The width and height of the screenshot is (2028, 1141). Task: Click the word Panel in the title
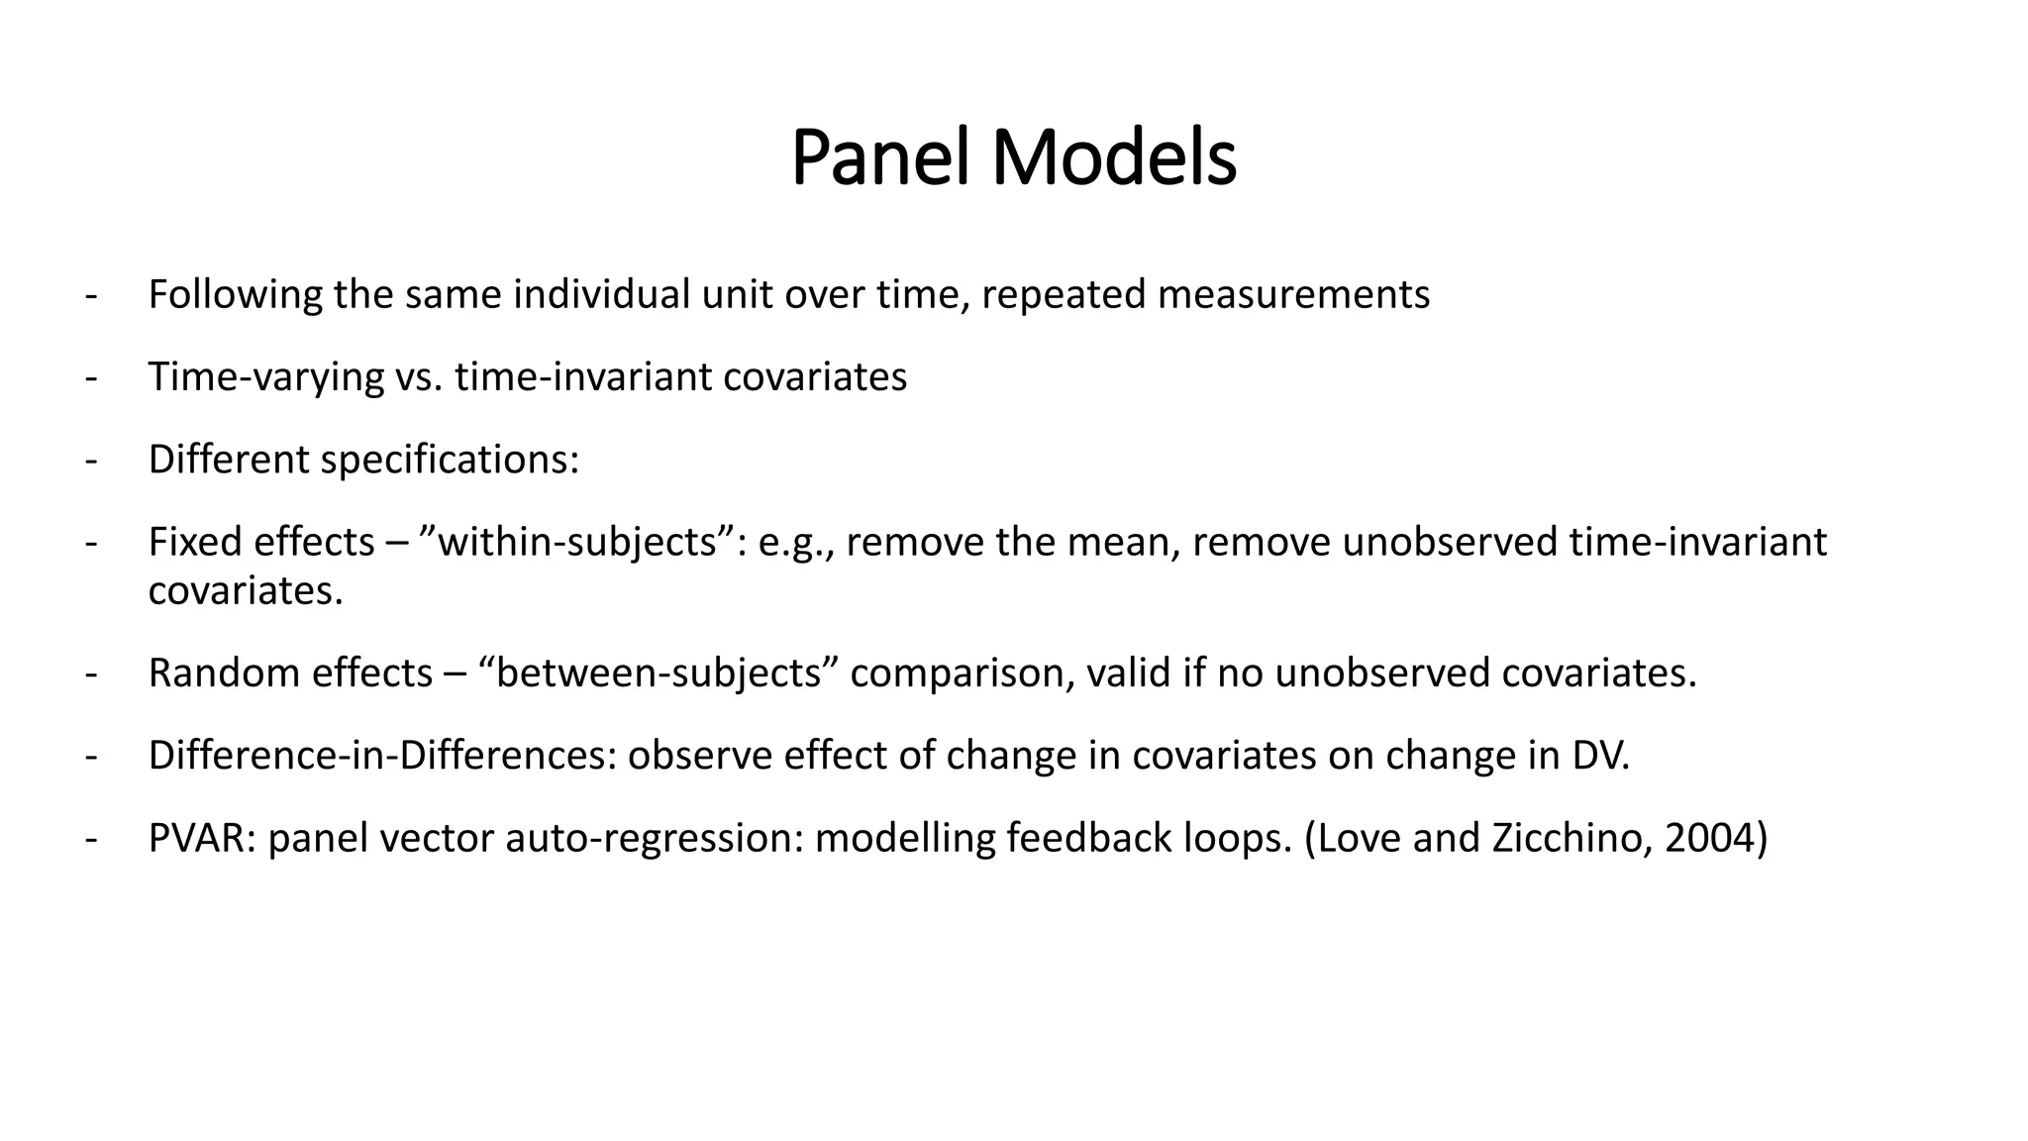click(879, 158)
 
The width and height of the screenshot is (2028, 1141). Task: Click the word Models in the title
click(1114, 158)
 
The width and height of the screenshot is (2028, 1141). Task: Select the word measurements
click(1293, 295)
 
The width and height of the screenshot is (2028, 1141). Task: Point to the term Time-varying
click(265, 377)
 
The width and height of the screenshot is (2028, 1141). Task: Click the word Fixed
click(194, 542)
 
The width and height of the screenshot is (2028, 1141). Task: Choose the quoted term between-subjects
click(659, 674)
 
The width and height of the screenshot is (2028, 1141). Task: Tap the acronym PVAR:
click(202, 838)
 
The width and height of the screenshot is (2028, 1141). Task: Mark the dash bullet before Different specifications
click(92, 460)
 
